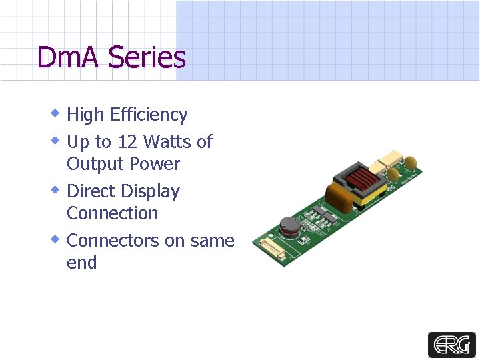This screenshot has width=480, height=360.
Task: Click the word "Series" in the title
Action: pos(147,57)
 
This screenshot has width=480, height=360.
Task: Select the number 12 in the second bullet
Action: pos(127,141)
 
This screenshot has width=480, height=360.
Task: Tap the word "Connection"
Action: pos(112,213)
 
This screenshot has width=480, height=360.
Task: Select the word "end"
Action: pos(81,263)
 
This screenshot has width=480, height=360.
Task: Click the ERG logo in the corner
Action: pos(451,345)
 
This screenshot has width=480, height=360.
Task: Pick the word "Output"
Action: pos(95,164)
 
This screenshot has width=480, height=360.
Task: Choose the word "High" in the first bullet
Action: pos(85,115)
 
